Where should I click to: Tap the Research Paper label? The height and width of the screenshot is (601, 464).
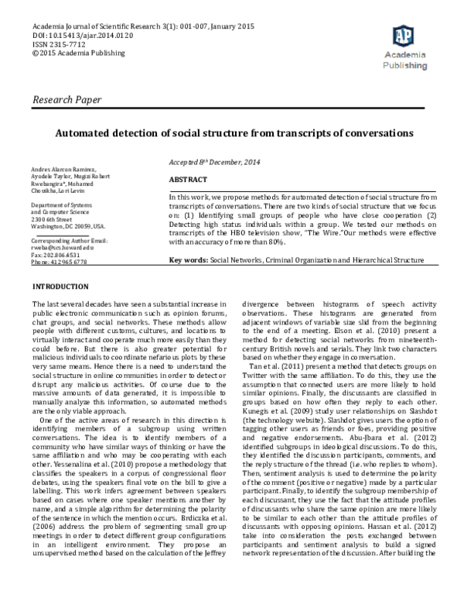[66, 101]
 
